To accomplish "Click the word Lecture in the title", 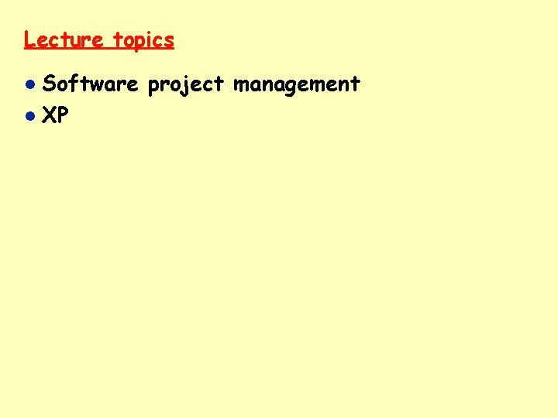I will coord(64,39).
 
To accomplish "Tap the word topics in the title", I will coord(144,40).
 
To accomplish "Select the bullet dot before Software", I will coord(29,84).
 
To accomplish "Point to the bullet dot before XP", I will coord(29,117).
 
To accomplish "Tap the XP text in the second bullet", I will coord(56,116).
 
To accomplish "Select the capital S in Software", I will coord(49,84).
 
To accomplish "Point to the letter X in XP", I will coord(50,116).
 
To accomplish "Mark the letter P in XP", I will coord(63,116).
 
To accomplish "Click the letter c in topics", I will coord(157,40).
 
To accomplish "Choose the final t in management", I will coord(356,84).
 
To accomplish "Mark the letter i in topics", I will coord(149,39).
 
